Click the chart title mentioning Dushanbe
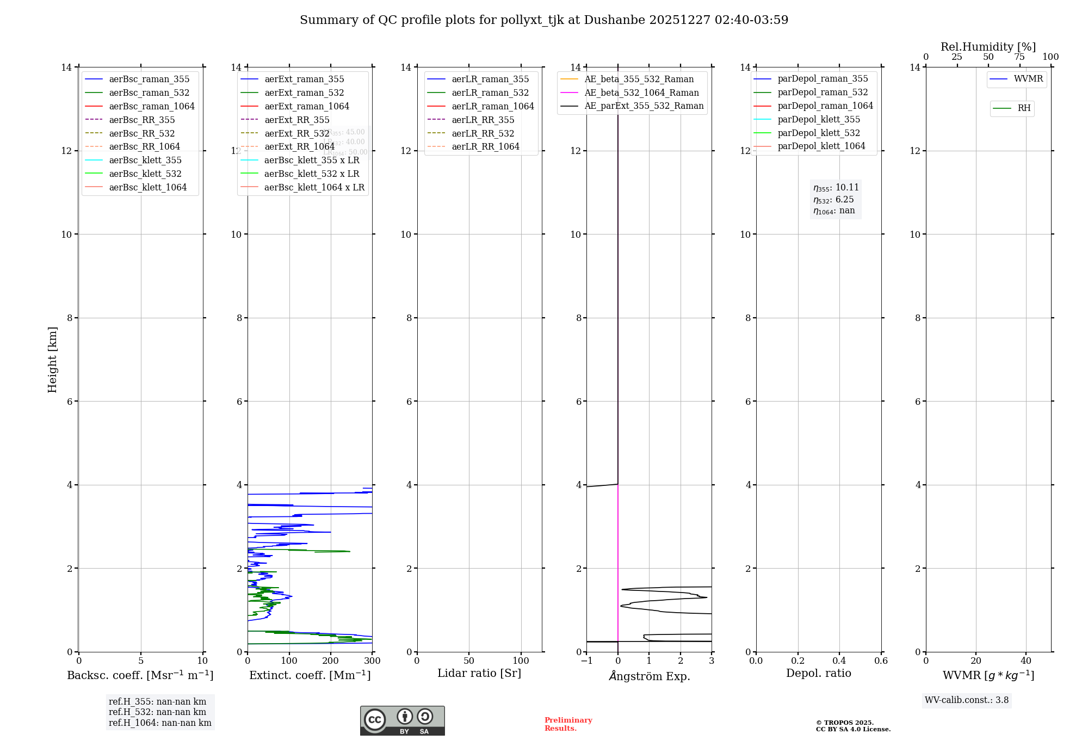544,20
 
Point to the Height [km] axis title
52,359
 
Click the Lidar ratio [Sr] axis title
479,673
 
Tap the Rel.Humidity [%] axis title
988,47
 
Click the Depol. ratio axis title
818,673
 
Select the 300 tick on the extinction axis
373,661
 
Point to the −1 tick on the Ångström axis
586,661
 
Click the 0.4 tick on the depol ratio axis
839,661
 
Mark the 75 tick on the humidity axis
1019,57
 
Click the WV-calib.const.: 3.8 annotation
966,700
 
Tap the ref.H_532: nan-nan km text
157,712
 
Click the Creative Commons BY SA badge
402,721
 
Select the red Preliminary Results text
568,724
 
